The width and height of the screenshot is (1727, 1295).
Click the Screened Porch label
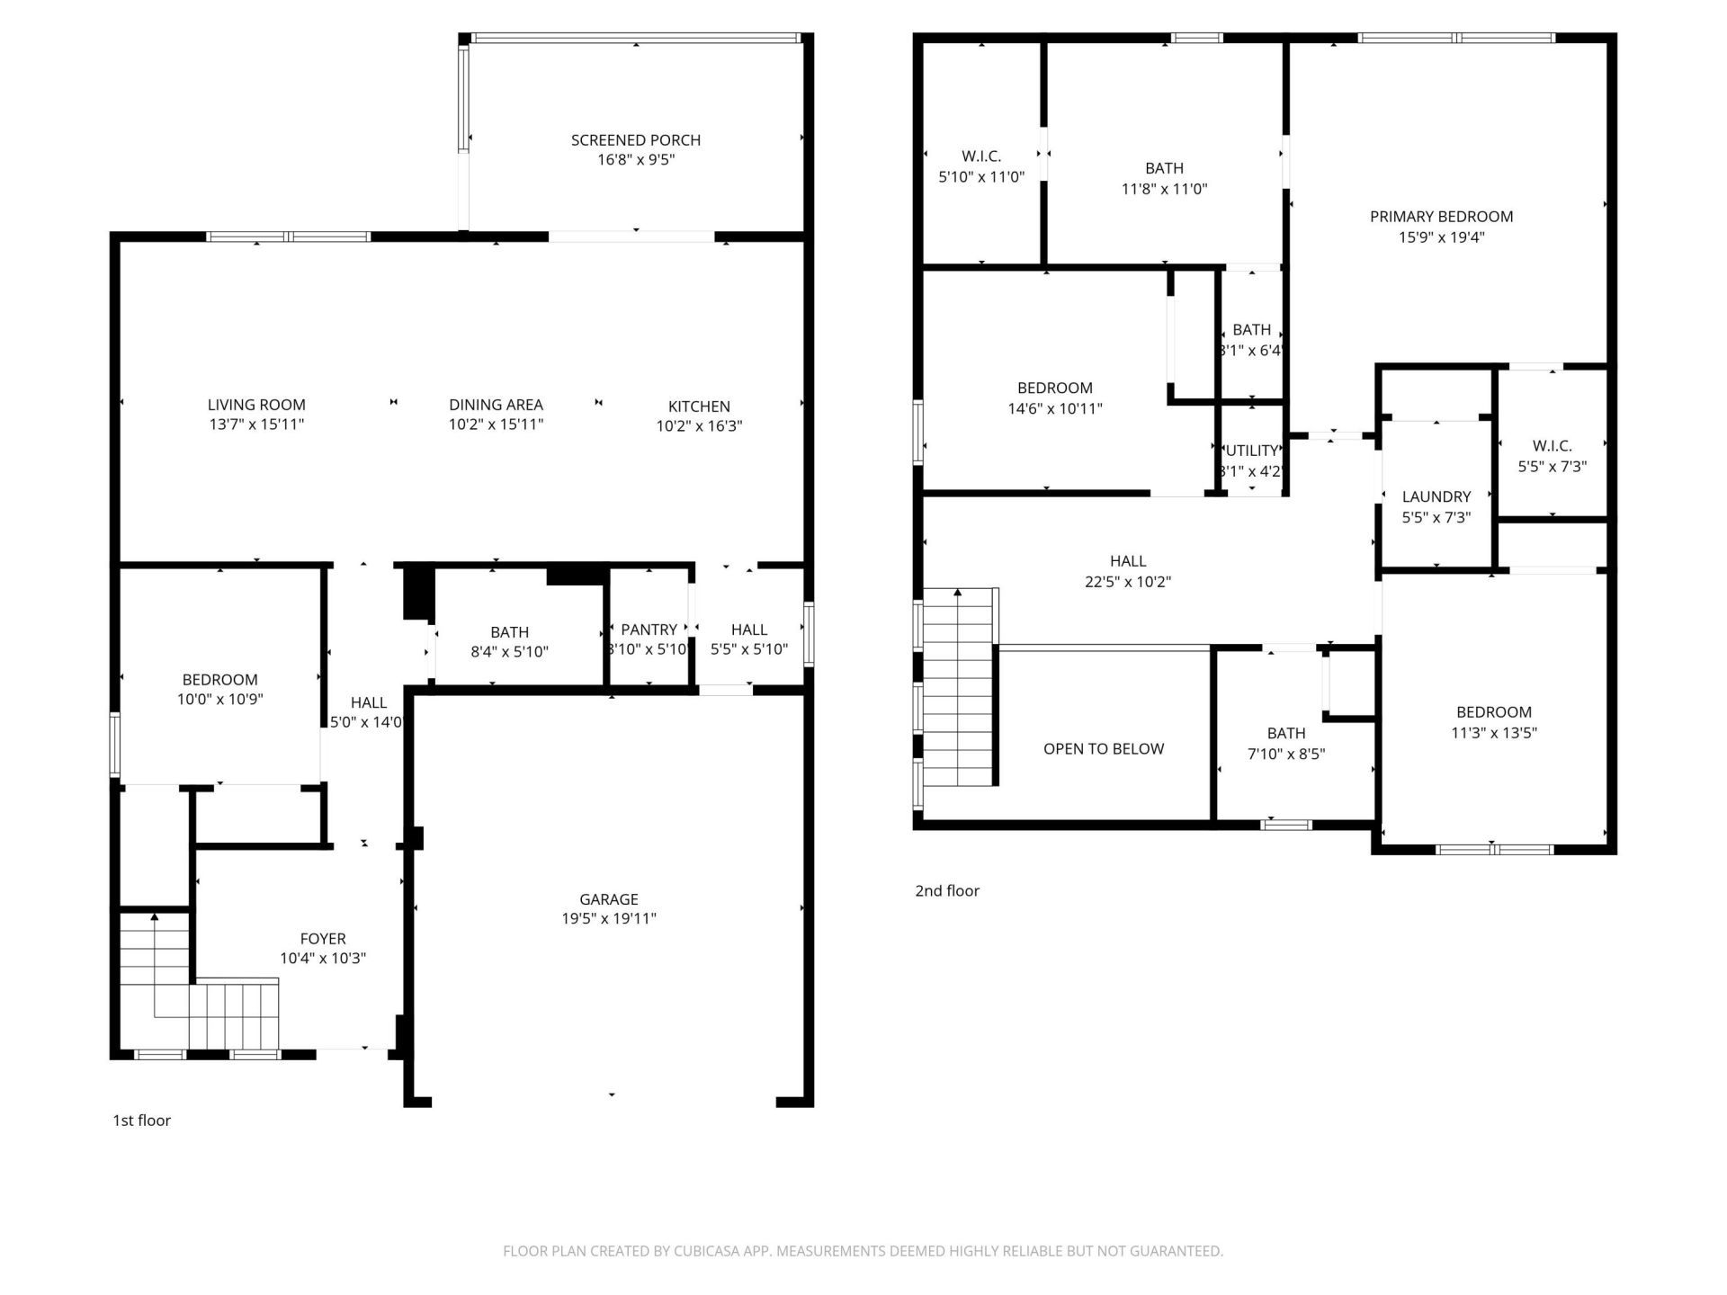635,140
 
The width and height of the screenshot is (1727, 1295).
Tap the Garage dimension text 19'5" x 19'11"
609,918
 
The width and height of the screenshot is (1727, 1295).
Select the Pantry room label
649,630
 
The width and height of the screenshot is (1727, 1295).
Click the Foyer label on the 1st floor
322,939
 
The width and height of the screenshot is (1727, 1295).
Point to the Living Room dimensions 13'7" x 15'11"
256,424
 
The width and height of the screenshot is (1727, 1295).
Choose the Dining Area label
496,405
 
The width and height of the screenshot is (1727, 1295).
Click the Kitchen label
699,406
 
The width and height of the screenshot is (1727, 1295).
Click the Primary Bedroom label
1441,217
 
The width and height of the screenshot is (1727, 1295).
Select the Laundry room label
1436,496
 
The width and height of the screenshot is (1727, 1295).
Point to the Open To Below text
1103,749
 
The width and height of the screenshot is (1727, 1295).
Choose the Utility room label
1251,451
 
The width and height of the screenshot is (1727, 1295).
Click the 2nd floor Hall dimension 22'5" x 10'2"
1127,582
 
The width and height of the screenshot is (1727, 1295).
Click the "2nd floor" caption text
946,891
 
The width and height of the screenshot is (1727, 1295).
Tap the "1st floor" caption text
141,1121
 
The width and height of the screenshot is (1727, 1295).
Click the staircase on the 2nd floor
959,692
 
